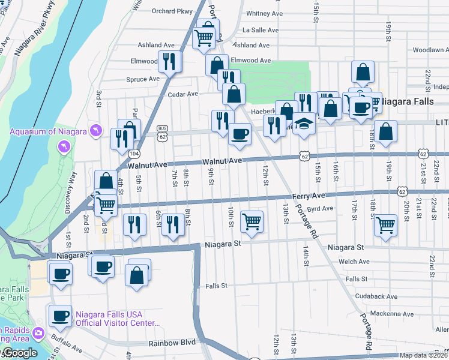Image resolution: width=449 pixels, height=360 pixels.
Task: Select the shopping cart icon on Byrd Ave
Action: coord(252,221)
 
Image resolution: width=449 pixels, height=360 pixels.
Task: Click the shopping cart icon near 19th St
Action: coord(385,225)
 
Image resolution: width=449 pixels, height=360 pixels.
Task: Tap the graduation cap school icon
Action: coord(304,124)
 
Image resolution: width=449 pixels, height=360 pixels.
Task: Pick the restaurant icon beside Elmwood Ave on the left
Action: coord(169,61)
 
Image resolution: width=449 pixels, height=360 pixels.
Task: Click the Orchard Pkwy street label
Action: coord(172,11)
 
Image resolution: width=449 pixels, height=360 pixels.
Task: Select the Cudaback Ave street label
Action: coord(375,296)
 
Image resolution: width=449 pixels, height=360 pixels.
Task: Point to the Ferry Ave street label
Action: coord(309,196)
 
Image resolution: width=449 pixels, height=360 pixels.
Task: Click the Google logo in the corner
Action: coord(19,353)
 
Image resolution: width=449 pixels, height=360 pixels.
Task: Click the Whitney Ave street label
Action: coord(264,13)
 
